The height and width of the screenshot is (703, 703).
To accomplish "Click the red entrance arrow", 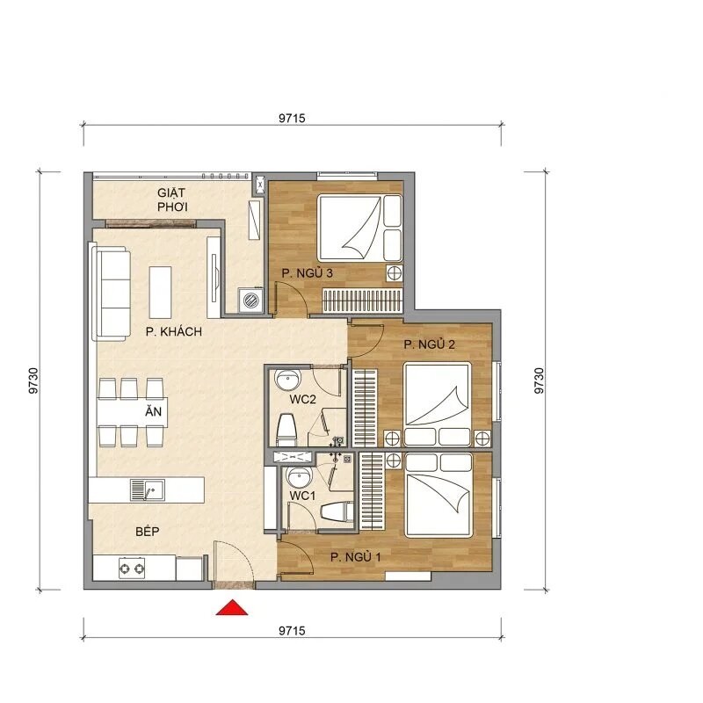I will (233, 607).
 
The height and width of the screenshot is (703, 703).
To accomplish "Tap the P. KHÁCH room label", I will (174, 332).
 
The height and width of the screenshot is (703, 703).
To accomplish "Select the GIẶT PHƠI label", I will (177, 199).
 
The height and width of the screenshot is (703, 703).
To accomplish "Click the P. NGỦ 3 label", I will (307, 274).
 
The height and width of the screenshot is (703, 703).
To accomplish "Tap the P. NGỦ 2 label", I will (429, 344).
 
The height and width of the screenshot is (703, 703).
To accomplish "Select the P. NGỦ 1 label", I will (356, 556).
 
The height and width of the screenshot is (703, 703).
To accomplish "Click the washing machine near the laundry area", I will (251, 301).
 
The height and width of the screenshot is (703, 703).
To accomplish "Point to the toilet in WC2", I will (286, 429).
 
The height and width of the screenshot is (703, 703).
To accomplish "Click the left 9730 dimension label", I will (34, 379).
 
